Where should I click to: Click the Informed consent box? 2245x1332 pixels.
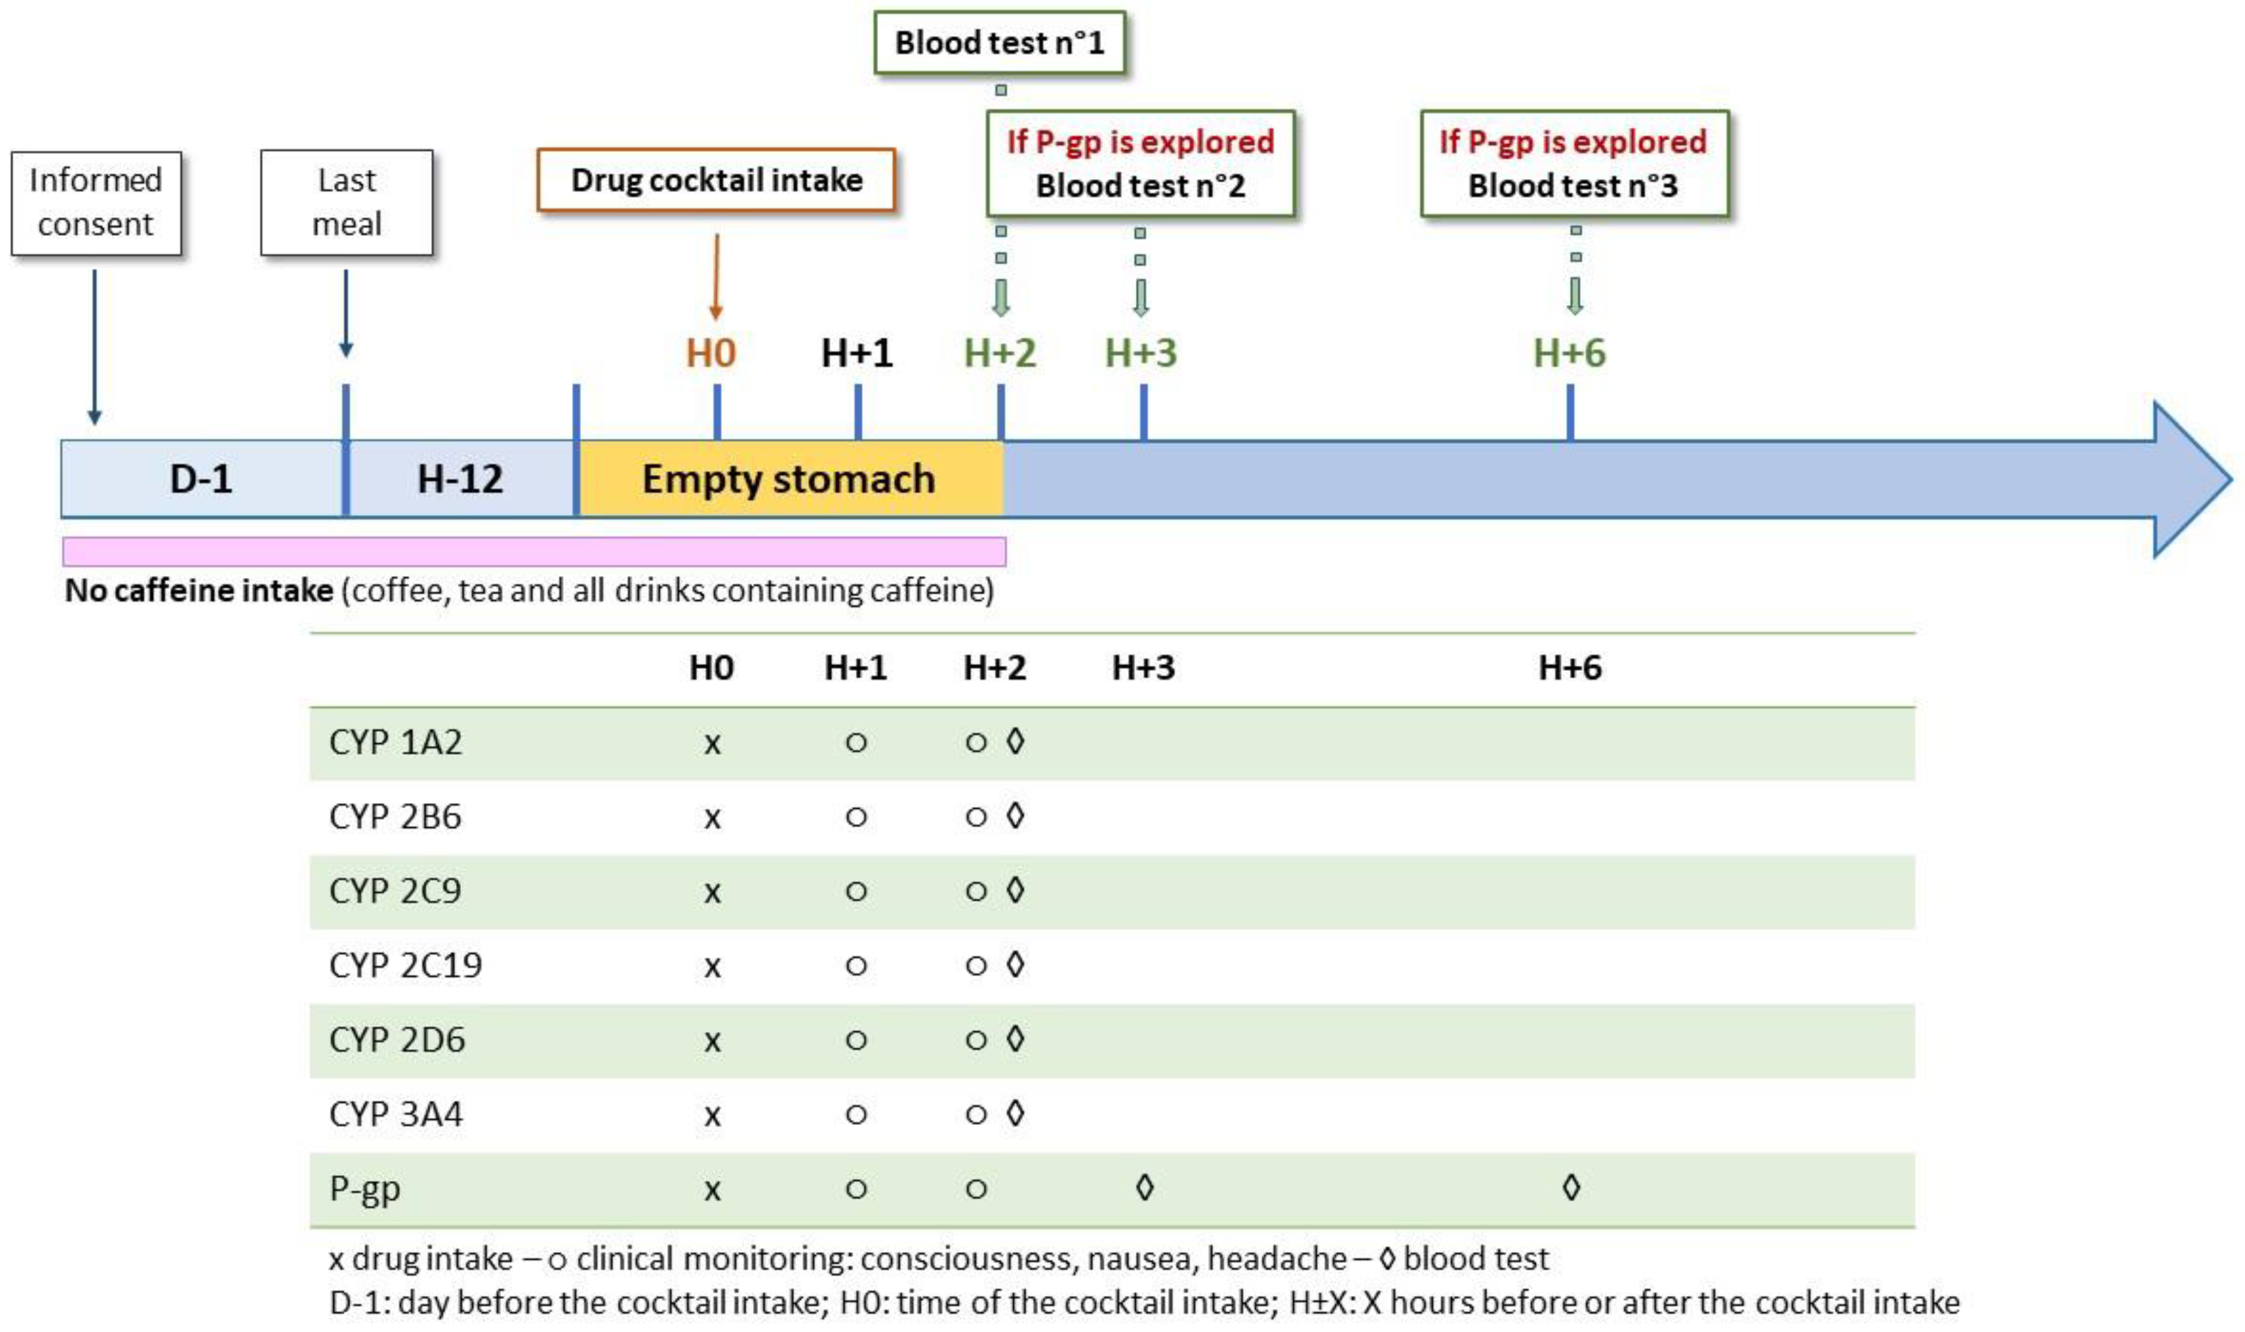tap(96, 203)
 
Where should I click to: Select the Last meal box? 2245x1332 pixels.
tap(347, 203)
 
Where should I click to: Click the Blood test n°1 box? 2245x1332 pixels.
tap(999, 42)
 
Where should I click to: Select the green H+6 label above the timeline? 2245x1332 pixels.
tap(1569, 353)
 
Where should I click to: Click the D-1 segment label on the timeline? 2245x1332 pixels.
tap(201, 478)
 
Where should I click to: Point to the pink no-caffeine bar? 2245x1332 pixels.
tap(534, 551)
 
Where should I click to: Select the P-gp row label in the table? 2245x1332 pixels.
tap(364, 1188)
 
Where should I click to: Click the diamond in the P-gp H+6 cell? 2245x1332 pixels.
tap(1570, 1188)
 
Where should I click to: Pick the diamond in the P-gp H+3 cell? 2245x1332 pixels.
tap(1144, 1188)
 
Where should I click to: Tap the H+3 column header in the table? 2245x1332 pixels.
tap(1143, 668)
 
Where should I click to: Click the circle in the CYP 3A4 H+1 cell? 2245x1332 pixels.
tap(856, 1115)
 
